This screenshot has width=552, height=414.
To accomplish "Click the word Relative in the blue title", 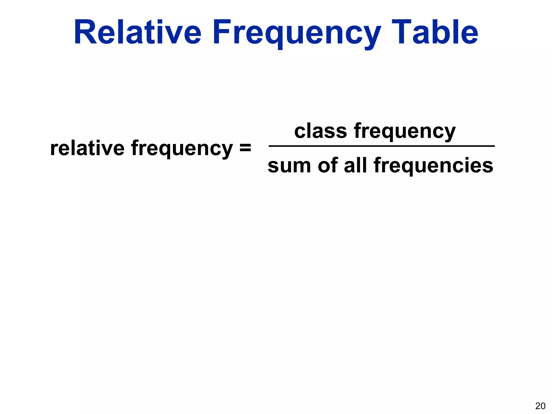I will (137, 32).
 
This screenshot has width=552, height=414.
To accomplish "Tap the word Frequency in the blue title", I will (296, 34).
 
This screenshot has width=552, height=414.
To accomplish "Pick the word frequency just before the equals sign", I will (182, 150).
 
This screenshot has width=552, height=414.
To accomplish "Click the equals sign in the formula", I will (245, 149).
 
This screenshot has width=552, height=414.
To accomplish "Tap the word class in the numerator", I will (320, 131).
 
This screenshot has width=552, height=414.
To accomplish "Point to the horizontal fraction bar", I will (381, 146).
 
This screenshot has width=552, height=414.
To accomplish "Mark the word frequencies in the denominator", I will (433, 166).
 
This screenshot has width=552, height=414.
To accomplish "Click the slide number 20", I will (540, 406).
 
